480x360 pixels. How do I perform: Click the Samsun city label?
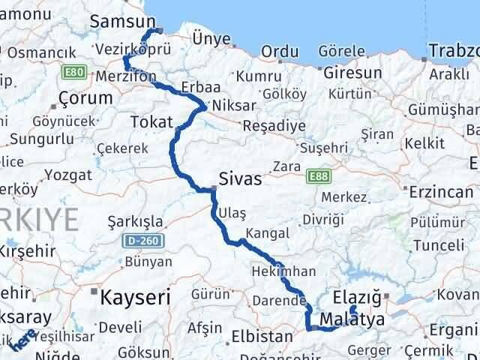(121, 22)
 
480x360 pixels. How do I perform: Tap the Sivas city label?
(240, 179)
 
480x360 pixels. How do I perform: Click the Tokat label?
(151, 121)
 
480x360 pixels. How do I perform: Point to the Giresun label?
(352, 73)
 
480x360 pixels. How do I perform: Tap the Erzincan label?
(436, 191)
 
